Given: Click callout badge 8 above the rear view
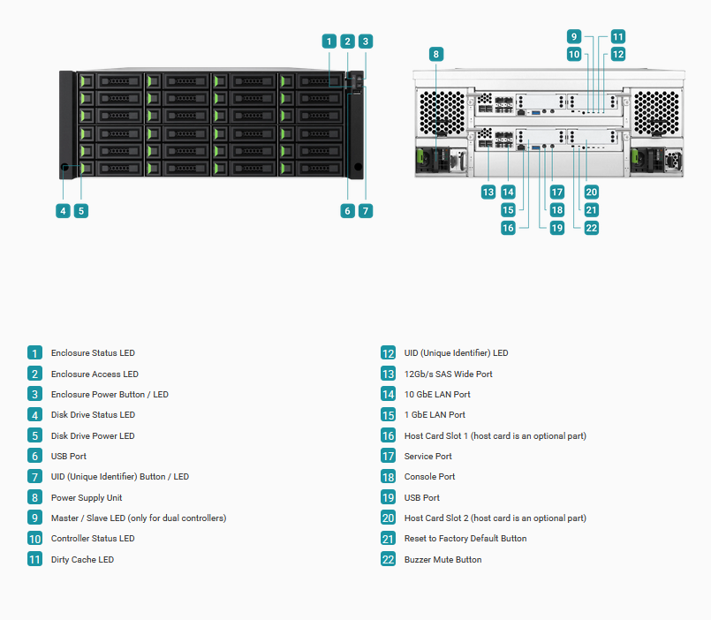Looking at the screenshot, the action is [435, 55].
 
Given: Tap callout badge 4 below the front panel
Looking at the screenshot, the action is [63, 211].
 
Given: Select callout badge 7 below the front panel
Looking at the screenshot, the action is [366, 211].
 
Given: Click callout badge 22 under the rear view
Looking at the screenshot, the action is [591, 228].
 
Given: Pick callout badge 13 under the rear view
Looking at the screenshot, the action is [488, 192].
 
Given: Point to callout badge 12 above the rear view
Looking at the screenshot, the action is [618, 55].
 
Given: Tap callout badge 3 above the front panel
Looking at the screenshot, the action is [366, 42].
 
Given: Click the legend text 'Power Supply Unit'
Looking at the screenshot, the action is [87, 497].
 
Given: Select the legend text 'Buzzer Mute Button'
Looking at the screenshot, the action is [443, 559].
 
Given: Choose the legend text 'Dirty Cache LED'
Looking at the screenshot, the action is [82, 559].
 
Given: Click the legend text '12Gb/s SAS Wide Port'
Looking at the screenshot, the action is [449, 374].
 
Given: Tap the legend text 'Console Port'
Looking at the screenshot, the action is [430, 476].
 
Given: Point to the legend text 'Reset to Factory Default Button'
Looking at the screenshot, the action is [465, 539].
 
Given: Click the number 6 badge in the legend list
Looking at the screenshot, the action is [35, 456].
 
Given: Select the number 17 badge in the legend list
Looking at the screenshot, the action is [388, 456].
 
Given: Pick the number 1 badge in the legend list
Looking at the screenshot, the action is [35, 353].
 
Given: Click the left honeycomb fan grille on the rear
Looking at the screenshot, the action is [442, 112].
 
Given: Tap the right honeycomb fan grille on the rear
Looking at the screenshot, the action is [656, 112].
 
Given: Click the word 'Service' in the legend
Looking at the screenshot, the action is [419, 456].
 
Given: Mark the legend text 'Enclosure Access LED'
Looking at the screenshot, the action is [95, 374].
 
